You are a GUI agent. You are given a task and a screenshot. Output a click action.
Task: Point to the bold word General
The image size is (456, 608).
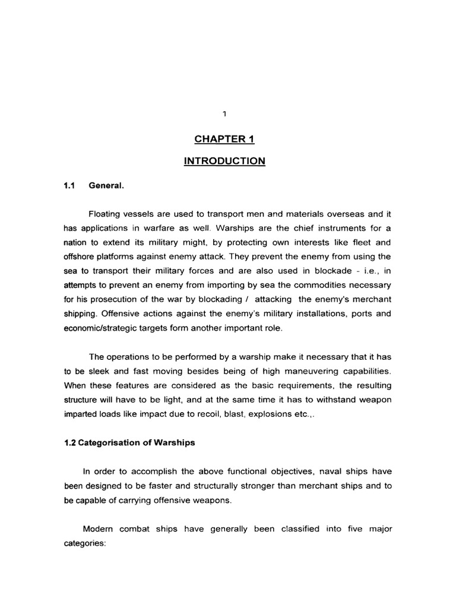(106, 186)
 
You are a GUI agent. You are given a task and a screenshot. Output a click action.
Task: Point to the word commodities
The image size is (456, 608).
(322, 284)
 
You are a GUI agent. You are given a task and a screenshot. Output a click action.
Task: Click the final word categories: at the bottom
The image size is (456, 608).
(84, 542)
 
